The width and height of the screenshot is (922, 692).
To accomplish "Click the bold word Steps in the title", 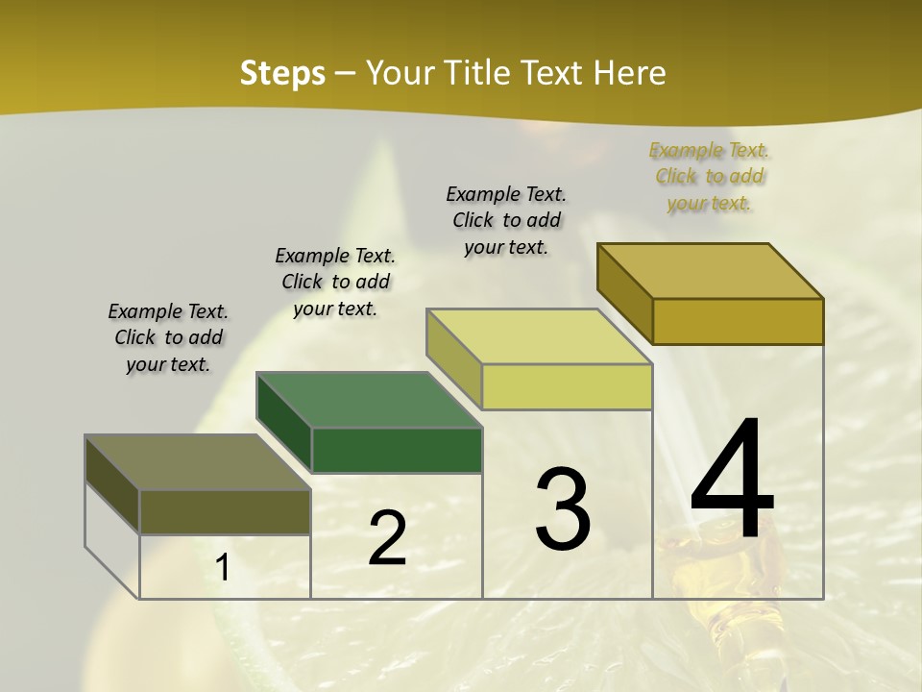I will [x=282, y=73].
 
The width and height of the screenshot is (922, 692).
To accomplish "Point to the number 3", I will [x=563, y=509].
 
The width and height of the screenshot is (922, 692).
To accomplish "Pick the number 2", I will [x=388, y=538].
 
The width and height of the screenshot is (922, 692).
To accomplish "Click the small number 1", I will [x=223, y=568].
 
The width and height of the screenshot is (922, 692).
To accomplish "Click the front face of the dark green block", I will [x=397, y=450].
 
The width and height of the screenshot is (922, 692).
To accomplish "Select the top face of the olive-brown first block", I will [x=198, y=462].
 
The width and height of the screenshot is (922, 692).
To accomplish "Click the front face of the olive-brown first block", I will [x=225, y=512].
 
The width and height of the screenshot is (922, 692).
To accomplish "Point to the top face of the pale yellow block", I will [x=540, y=336].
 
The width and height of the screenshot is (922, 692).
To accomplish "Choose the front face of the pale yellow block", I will [x=567, y=387].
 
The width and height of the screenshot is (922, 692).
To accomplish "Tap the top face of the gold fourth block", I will [x=711, y=271].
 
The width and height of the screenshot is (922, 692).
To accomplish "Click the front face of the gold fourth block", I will [x=738, y=321].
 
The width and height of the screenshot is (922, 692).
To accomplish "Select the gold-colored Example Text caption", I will [x=709, y=176].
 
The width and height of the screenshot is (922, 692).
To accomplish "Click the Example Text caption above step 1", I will [x=168, y=337].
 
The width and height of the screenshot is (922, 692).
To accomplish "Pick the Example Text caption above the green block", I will [x=335, y=282].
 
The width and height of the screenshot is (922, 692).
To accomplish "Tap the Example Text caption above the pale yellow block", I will [x=506, y=220].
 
